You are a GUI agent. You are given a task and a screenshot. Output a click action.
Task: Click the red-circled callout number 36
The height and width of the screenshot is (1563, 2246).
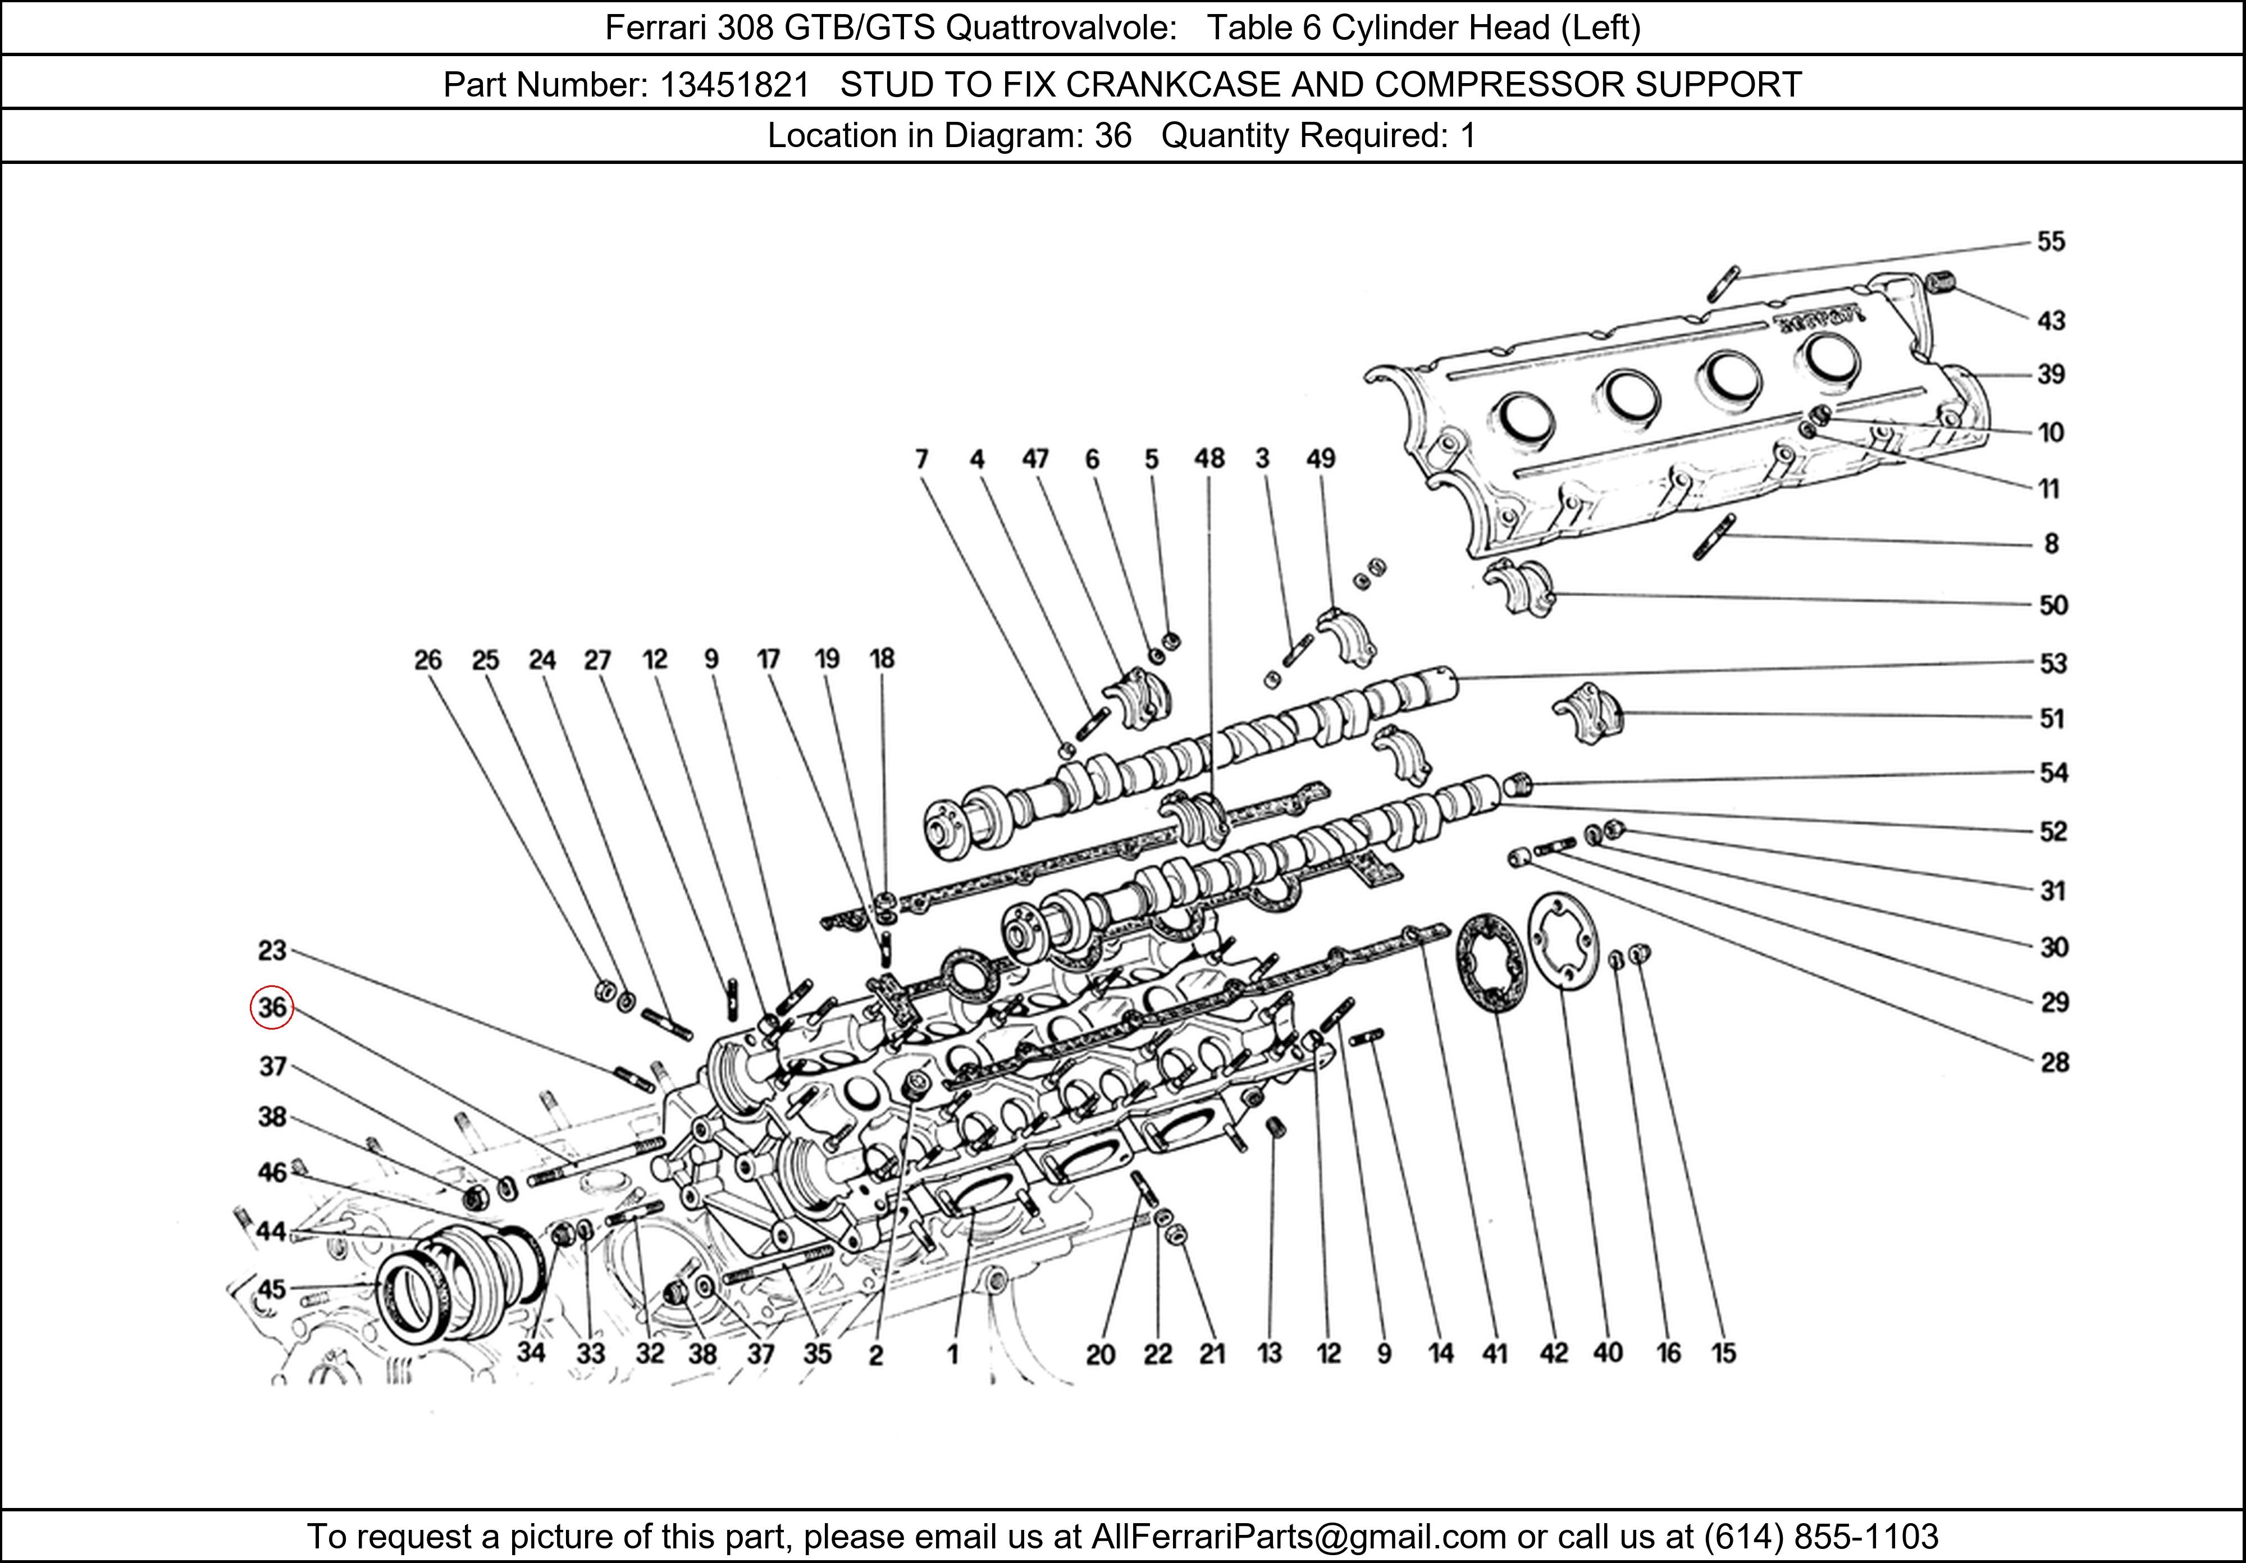(x=272, y=1007)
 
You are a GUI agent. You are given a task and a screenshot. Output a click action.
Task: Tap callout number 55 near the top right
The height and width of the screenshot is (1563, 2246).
(x=2051, y=241)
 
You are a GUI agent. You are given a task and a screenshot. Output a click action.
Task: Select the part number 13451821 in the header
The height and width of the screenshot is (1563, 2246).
(x=734, y=85)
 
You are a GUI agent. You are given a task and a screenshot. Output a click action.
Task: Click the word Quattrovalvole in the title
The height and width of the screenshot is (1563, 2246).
(x=1061, y=28)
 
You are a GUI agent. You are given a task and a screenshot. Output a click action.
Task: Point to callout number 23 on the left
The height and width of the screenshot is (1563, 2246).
(x=272, y=950)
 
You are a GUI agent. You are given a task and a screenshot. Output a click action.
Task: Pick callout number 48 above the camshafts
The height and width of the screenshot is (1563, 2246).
(x=1209, y=458)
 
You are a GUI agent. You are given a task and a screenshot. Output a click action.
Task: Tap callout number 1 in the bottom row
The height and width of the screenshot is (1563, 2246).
(x=952, y=1354)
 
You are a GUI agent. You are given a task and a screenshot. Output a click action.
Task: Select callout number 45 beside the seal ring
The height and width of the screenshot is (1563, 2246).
(x=271, y=1288)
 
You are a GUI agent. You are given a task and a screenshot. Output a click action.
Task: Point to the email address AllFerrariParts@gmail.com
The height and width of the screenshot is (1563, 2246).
(x=1298, y=1537)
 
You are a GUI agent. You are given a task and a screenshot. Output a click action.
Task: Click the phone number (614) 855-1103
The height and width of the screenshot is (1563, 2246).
(x=1820, y=1537)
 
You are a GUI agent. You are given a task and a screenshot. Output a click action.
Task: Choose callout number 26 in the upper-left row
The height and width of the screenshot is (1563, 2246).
(x=427, y=660)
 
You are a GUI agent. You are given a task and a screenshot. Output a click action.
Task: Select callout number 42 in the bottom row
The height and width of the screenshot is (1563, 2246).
(x=1554, y=1352)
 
